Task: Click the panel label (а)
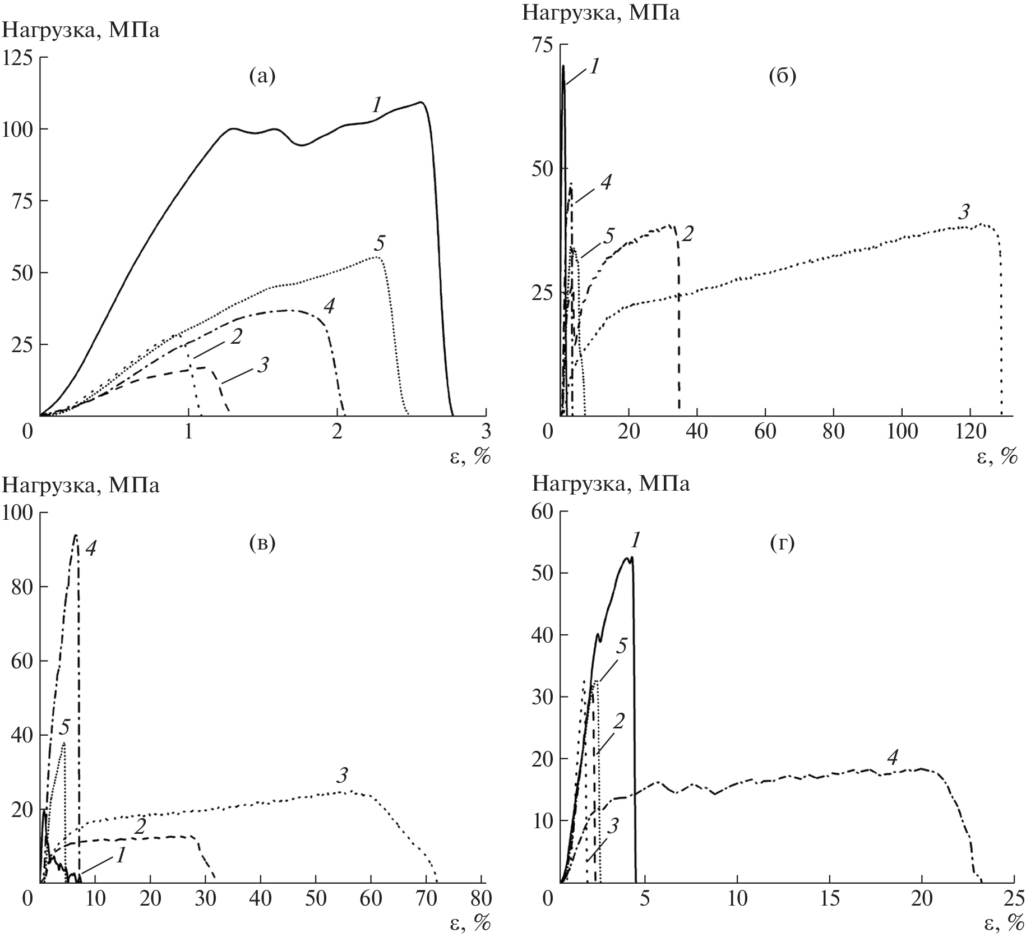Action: [x=262, y=76]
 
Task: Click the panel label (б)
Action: [x=783, y=76]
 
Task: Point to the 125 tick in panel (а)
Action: [x=18, y=58]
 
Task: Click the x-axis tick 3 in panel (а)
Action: [x=486, y=433]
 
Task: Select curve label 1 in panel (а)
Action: [x=376, y=104]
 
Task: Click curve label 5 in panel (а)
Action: [x=380, y=244]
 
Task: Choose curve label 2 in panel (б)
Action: [x=687, y=233]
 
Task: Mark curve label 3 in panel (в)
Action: [x=343, y=776]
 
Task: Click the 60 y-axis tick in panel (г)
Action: [x=542, y=511]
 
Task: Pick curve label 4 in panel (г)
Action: [x=893, y=758]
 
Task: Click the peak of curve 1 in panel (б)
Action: [x=563, y=66]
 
